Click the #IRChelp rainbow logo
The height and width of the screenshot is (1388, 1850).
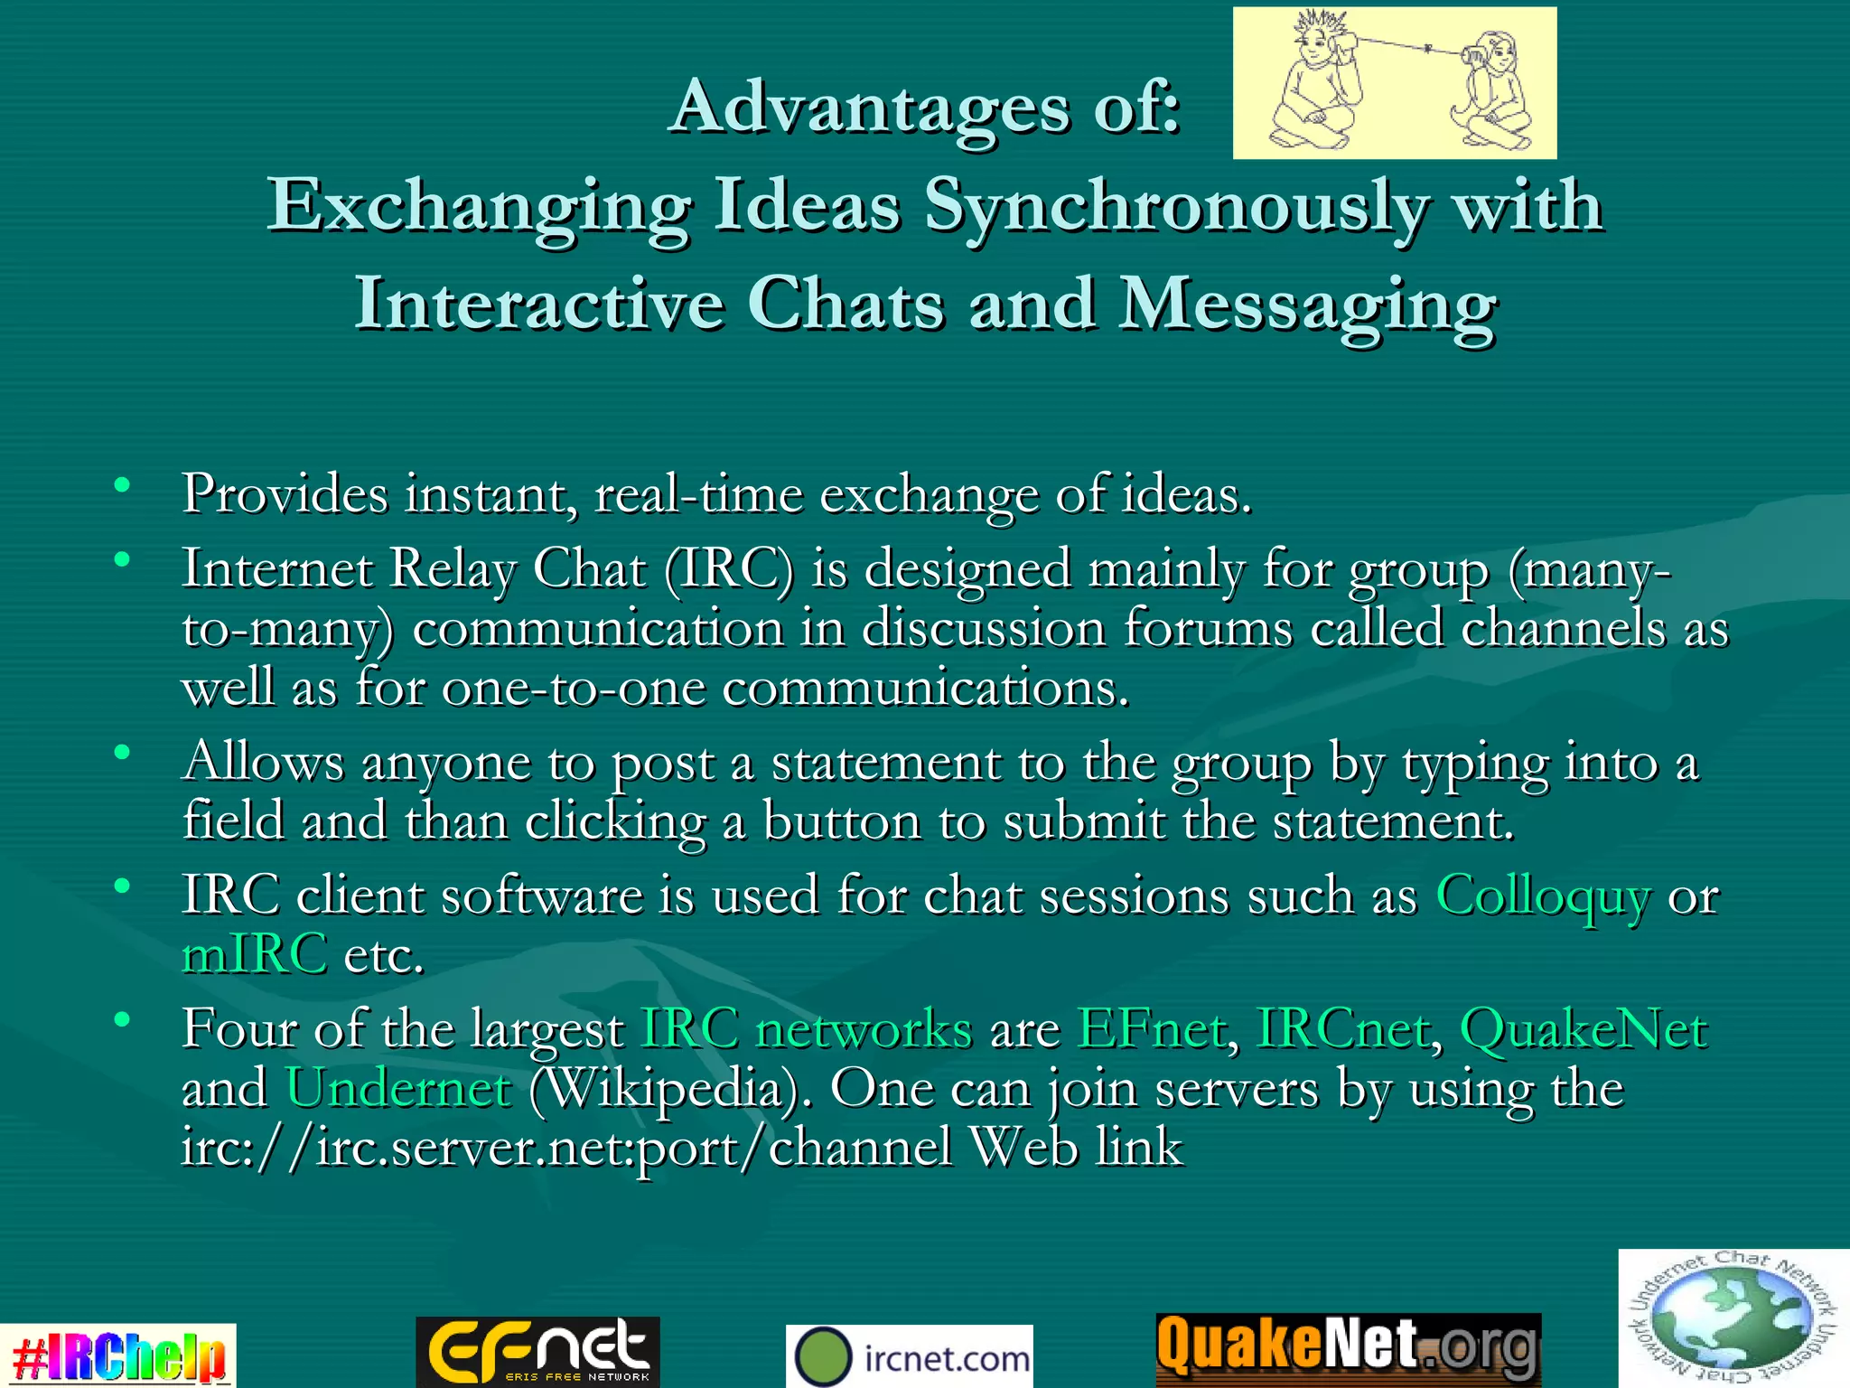click(x=117, y=1355)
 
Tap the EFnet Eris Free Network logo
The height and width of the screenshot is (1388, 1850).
click(x=538, y=1352)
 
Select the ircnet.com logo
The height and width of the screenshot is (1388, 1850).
click(x=910, y=1356)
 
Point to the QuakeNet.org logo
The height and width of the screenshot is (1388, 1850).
click(x=1349, y=1348)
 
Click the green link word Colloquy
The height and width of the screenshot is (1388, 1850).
click(x=1543, y=896)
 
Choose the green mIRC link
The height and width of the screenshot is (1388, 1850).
click(x=254, y=955)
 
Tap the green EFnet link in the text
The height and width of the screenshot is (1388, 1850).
click(x=1152, y=1029)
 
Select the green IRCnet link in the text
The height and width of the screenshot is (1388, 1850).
click(x=1342, y=1029)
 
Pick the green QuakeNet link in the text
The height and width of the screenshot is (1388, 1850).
click(x=1584, y=1029)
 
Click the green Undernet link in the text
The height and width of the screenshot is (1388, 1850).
click(x=398, y=1088)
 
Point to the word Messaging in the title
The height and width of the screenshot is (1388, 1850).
click(x=1307, y=305)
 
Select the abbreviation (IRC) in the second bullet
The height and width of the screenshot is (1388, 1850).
click(x=729, y=570)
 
